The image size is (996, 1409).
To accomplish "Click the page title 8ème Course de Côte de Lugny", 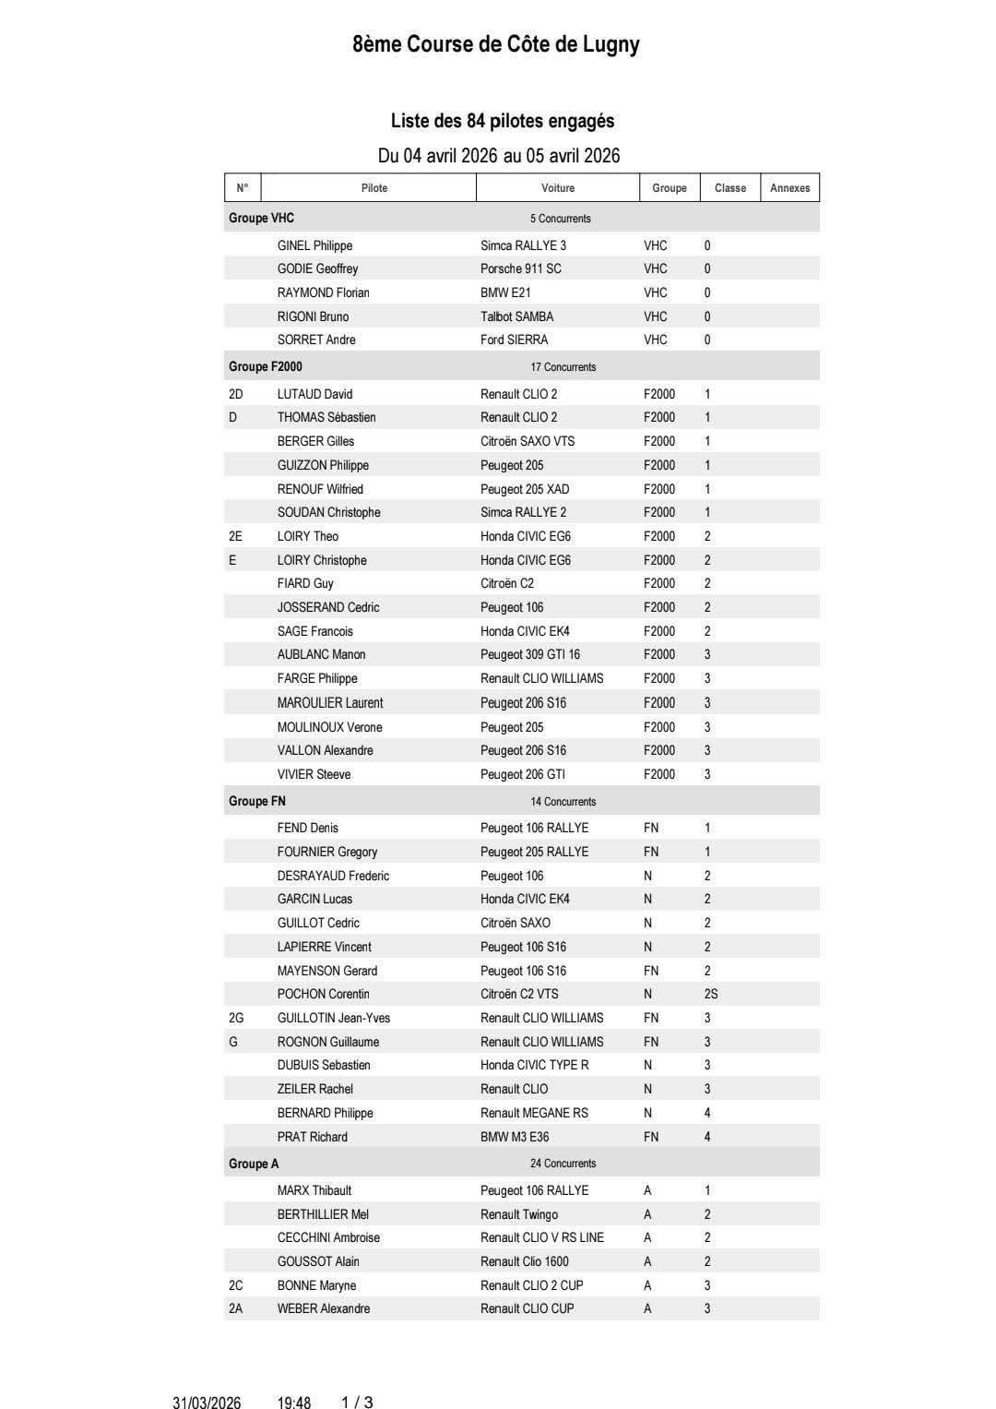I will [x=496, y=44].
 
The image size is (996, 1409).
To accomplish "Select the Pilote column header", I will [x=373, y=188].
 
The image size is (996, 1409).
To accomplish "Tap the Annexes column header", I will [x=789, y=188].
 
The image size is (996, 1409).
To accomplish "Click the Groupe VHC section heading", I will [x=261, y=218].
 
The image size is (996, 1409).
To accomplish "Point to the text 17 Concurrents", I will [x=563, y=367].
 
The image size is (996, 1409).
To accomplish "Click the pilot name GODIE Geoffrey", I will [x=317, y=269].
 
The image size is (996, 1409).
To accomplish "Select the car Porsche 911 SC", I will [x=520, y=269].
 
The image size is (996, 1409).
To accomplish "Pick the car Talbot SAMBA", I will [x=516, y=316].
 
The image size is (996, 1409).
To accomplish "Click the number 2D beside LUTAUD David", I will [x=236, y=394].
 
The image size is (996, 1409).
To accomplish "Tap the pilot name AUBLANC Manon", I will [x=321, y=654].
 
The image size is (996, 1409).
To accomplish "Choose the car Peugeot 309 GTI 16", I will [x=530, y=654].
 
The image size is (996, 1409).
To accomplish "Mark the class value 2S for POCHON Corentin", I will [x=710, y=994].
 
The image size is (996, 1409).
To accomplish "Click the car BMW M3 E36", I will [x=515, y=1137].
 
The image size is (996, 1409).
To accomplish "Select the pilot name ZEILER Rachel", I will [x=314, y=1089].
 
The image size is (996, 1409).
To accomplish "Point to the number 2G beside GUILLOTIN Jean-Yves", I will [x=236, y=1018].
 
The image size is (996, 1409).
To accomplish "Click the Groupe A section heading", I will [x=254, y=1164].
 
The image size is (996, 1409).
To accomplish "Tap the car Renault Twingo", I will [x=519, y=1214].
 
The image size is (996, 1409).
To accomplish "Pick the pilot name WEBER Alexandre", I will [x=323, y=1308].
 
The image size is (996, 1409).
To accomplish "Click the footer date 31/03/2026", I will [x=207, y=1403].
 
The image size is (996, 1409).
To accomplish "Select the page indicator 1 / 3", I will [x=357, y=1403].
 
